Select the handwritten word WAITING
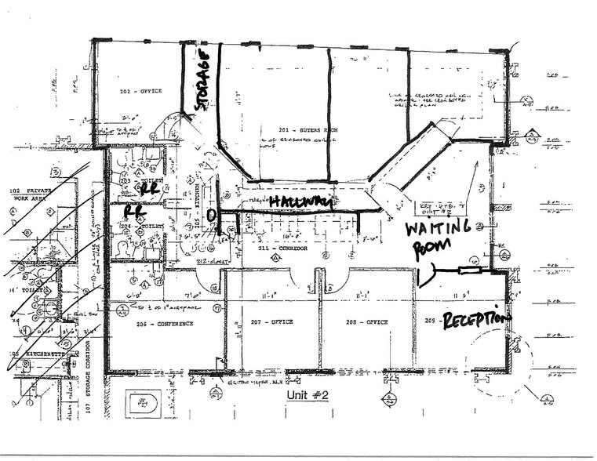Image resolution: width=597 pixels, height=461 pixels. pos(437,228)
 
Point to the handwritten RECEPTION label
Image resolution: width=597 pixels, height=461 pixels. pos(476,320)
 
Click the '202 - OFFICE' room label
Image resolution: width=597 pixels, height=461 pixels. pos(141,92)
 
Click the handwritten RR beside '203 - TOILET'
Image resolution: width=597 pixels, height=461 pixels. pos(149,189)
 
